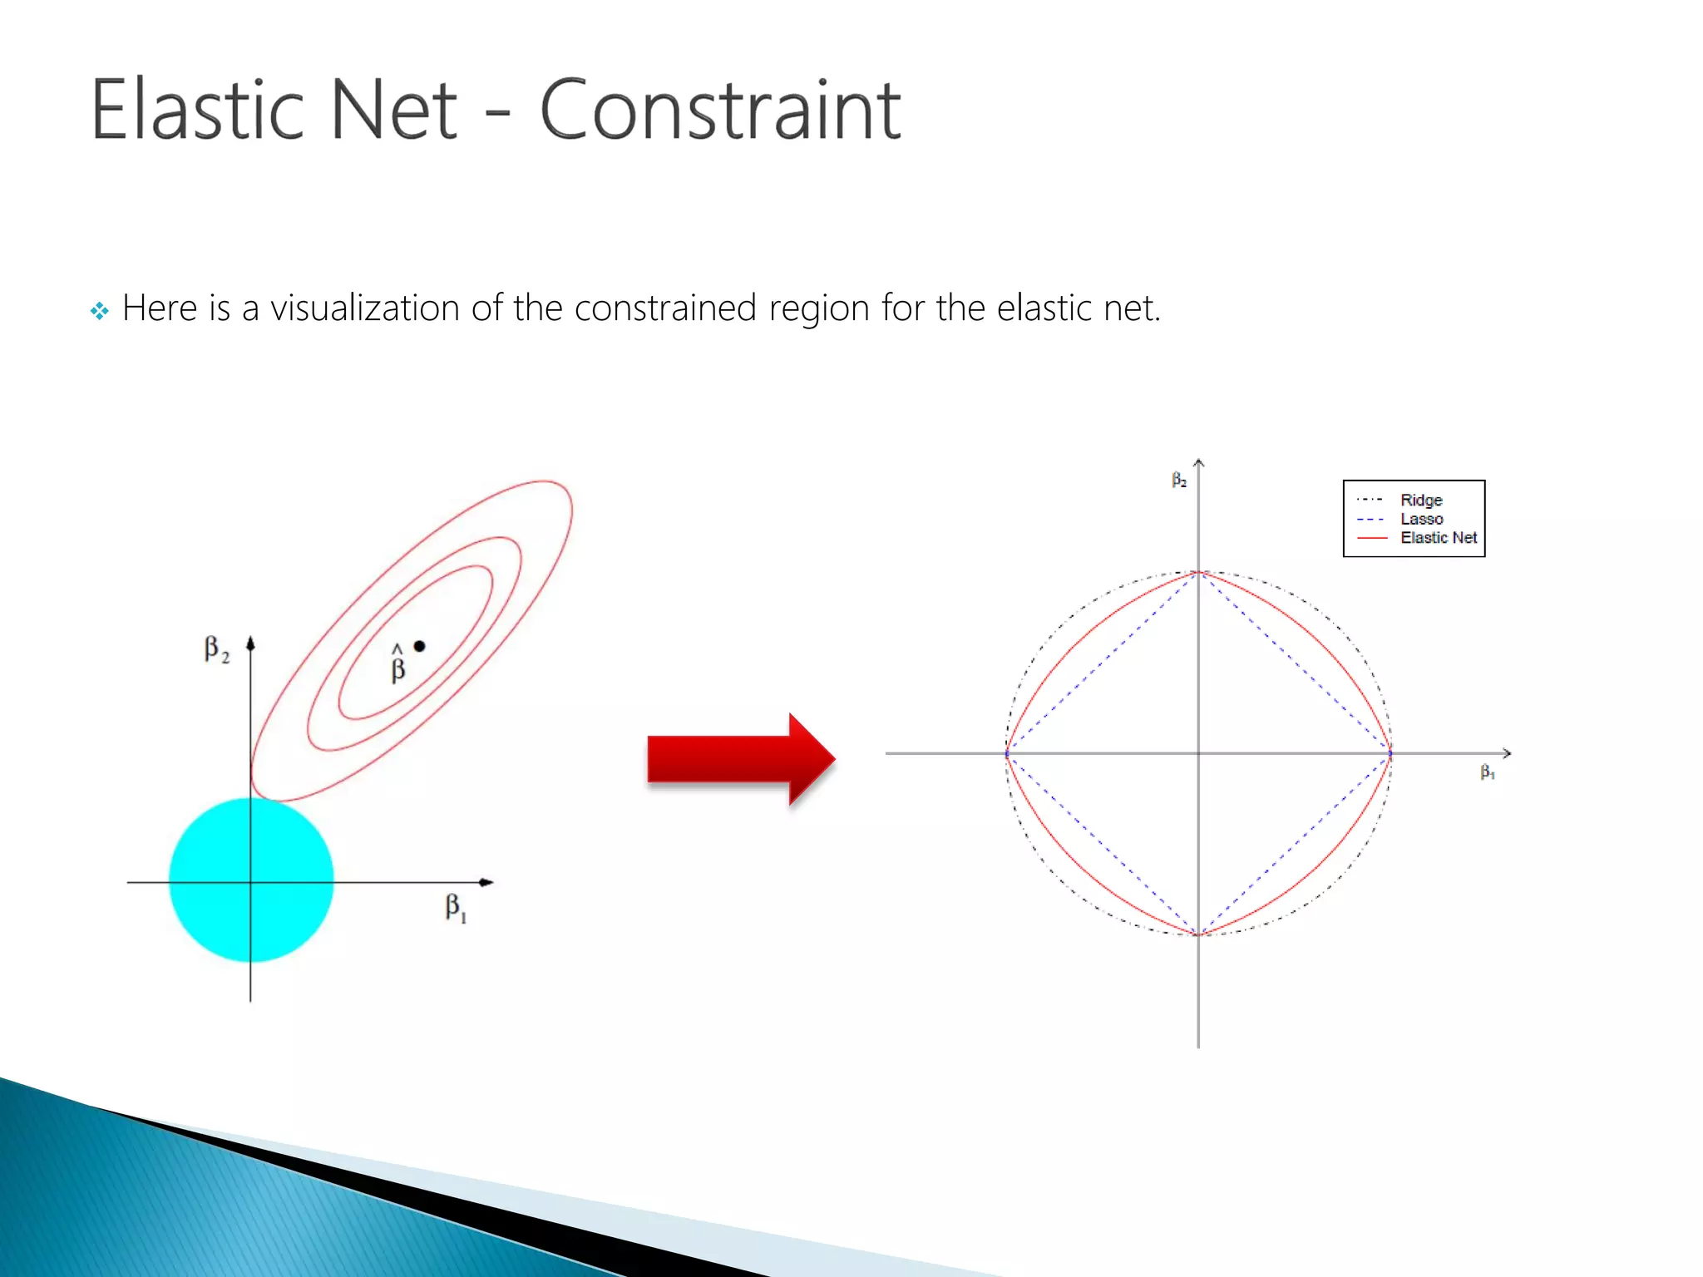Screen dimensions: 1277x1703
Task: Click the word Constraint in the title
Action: tap(720, 110)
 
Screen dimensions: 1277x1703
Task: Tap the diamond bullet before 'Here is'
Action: tap(100, 312)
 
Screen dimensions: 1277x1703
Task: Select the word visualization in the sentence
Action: tap(365, 308)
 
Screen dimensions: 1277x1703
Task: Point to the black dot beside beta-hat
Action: tap(420, 646)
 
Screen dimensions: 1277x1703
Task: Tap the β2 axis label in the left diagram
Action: tap(216, 649)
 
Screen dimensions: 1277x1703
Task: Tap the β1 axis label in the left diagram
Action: tap(456, 907)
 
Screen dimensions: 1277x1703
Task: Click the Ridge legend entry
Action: tap(1420, 500)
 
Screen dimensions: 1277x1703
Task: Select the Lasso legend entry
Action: tap(1421, 519)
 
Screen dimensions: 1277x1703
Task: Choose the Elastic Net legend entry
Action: tap(1438, 538)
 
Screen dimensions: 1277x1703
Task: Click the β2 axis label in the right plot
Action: tap(1179, 480)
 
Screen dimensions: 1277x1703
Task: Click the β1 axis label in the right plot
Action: tap(1488, 772)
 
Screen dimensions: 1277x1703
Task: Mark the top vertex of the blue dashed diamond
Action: tap(1198, 573)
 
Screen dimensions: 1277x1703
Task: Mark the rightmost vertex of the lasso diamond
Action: tap(1390, 753)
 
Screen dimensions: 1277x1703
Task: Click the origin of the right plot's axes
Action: tap(1198, 753)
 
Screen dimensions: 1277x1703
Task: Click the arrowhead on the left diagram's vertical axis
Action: tap(250, 643)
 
